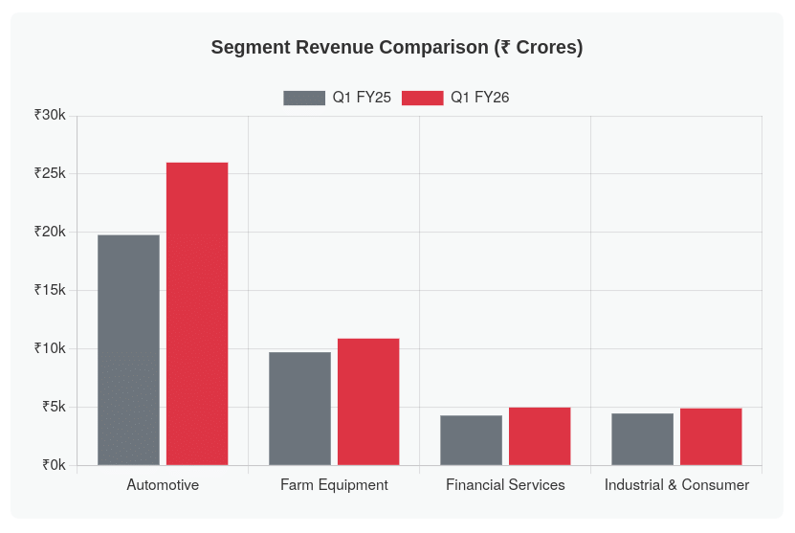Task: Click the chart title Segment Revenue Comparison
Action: (x=397, y=48)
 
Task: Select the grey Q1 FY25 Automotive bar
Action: (x=128, y=350)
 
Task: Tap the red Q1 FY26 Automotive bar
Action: (x=197, y=314)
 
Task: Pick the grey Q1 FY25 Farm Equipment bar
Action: (x=299, y=409)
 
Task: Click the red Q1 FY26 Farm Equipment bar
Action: (x=368, y=402)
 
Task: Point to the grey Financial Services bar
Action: (x=471, y=440)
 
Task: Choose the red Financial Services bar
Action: (x=540, y=436)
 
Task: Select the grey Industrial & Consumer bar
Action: (x=642, y=439)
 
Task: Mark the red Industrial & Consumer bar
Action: (x=711, y=436)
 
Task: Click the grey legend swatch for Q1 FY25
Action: (x=304, y=98)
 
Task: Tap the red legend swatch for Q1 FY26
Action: (x=422, y=98)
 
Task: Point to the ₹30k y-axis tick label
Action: (x=50, y=115)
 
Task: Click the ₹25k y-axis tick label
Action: (x=50, y=173)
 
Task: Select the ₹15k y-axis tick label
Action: (x=50, y=290)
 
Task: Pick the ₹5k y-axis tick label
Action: (x=54, y=407)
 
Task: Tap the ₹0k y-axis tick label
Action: (x=54, y=465)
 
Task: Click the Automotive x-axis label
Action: (x=163, y=485)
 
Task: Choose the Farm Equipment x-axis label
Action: (x=334, y=485)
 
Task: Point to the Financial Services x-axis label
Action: (x=505, y=485)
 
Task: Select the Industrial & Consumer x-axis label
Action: (x=676, y=485)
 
